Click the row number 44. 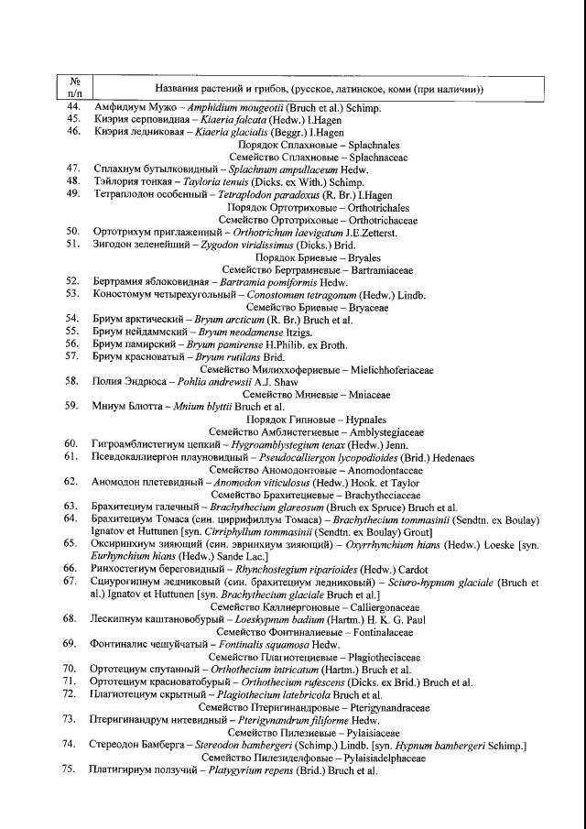pyautogui.click(x=74, y=108)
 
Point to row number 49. pyautogui.click(x=74, y=194)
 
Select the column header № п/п pyautogui.click(x=75, y=87)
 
